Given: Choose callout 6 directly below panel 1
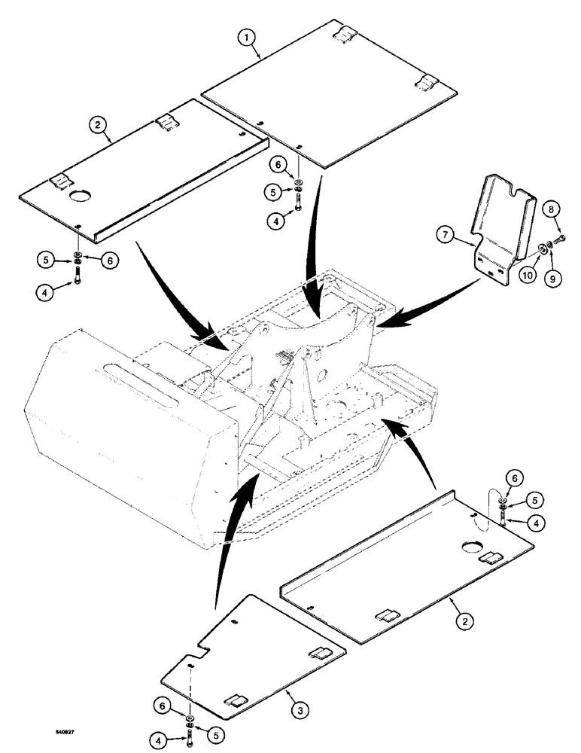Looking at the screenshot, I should tap(299, 164).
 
